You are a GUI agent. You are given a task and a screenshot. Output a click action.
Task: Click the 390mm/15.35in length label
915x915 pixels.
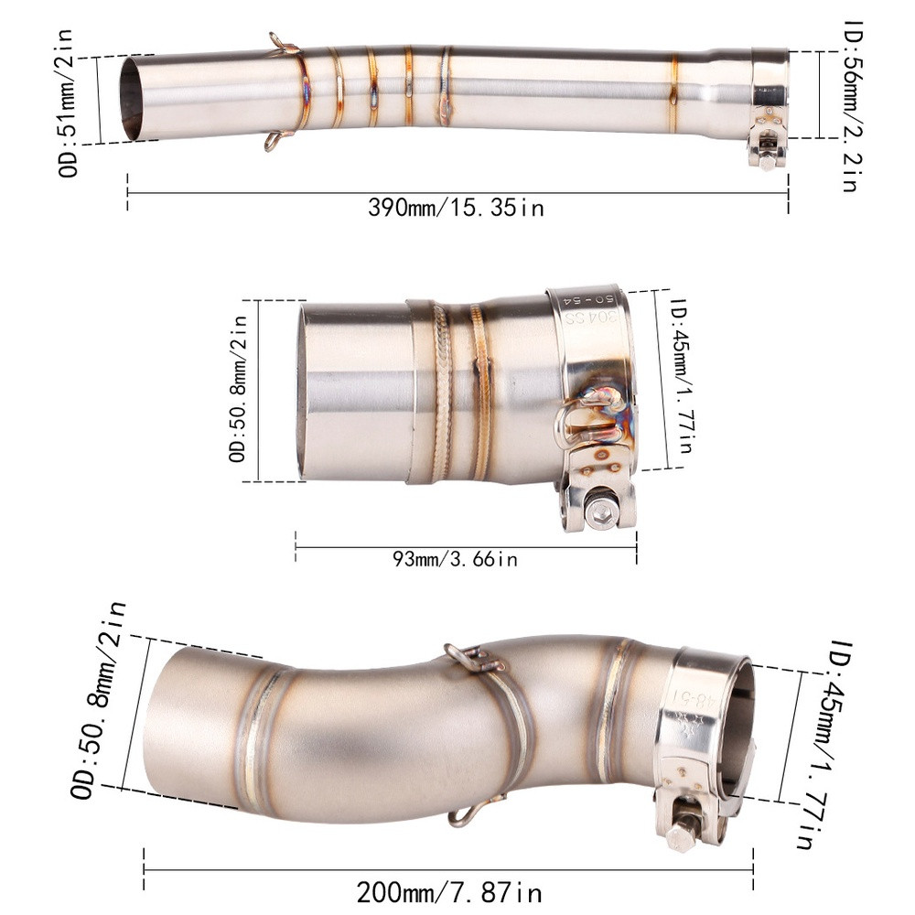(456, 207)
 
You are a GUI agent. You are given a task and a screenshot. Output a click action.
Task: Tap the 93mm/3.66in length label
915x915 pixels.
(455, 559)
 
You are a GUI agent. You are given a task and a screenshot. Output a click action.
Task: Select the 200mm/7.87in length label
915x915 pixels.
(449, 892)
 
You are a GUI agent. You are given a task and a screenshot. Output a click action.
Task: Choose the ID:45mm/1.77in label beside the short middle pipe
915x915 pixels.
(681, 376)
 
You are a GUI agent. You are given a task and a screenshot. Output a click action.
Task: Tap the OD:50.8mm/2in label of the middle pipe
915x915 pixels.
(238, 389)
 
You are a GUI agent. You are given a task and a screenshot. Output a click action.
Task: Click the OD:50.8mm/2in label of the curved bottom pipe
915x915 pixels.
(98, 700)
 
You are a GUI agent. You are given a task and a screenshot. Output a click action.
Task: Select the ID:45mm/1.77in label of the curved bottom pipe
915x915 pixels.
(823, 744)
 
